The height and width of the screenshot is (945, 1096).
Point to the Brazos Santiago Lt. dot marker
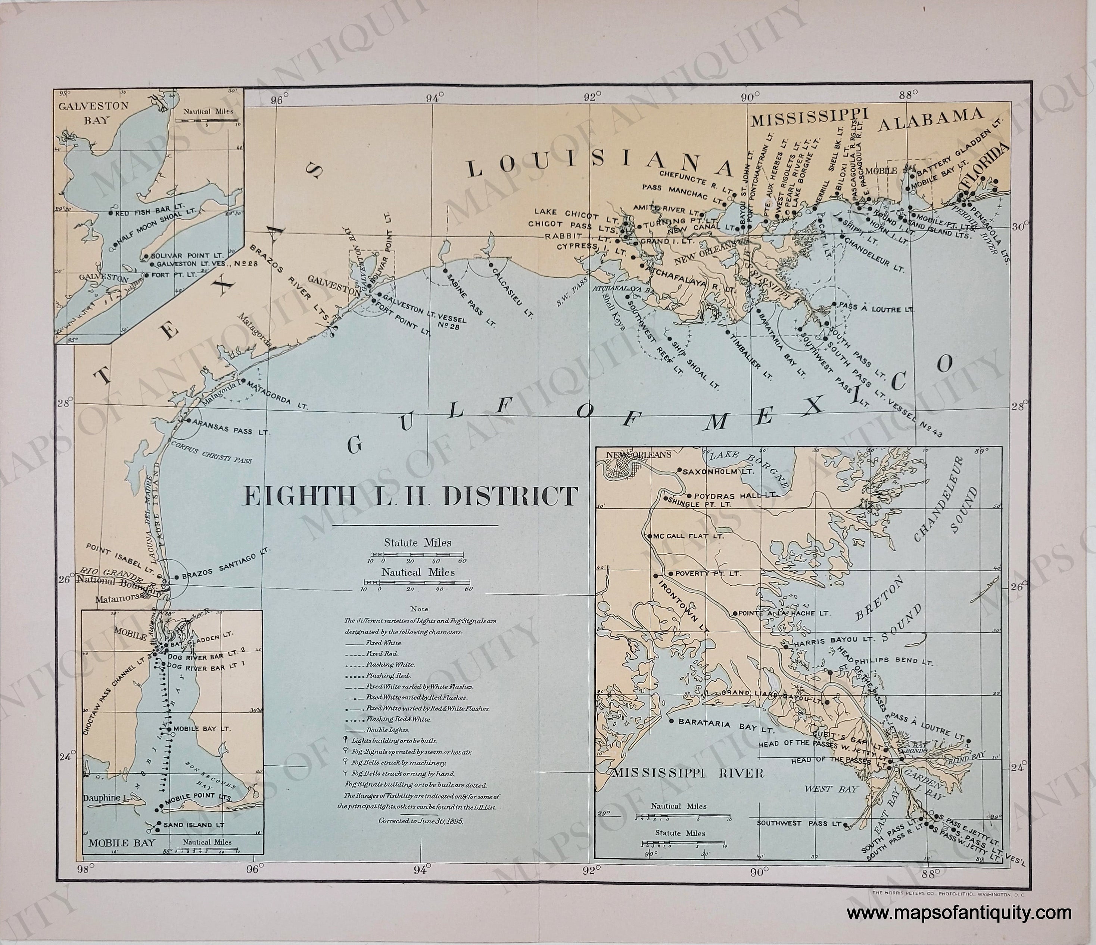pyautogui.click(x=177, y=577)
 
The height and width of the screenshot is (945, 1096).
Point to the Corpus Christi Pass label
pyautogui.click(x=210, y=449)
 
